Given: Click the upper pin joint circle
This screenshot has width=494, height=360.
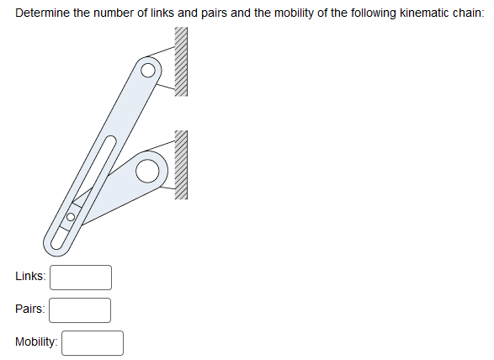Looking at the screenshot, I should pos(149,70).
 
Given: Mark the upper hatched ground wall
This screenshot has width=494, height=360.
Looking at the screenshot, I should pos(180,61).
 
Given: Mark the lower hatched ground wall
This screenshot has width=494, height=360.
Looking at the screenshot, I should pos(180,165).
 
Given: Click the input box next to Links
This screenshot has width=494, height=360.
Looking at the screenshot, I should pos(81,277).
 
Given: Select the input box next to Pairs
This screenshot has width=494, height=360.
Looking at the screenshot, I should pos(81,310).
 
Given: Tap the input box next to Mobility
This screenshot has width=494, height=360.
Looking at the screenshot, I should pos(93,342).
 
